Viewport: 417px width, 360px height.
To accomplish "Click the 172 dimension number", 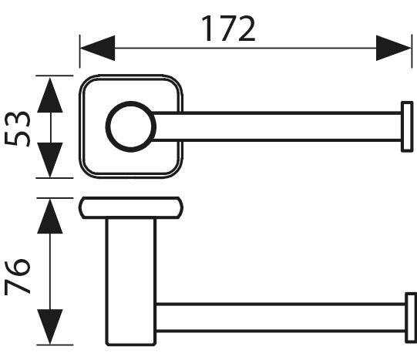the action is coord(228,29).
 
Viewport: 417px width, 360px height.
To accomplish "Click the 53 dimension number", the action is coord(18,129).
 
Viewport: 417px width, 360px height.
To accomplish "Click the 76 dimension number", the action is coord(18,276).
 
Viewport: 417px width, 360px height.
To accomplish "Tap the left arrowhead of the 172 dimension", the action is coord(97,48).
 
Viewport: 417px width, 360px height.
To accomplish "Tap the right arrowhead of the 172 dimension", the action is coord(394,48).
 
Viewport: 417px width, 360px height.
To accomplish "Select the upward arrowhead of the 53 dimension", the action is coord(50,95).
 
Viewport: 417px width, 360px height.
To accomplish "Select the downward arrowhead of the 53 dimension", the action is coord(50,160).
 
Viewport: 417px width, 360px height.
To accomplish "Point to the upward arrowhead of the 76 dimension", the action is coord(50,217).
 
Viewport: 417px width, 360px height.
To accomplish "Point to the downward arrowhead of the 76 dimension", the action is coord(50,327).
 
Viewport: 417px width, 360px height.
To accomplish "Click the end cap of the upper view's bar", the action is coord(407,126).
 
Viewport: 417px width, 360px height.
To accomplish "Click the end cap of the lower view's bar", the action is coord(411,318).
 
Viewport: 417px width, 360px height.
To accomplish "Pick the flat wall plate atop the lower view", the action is coord(131,208).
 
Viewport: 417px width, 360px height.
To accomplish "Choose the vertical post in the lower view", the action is coord(131,282).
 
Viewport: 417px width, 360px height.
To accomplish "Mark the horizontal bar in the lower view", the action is coord(281,318).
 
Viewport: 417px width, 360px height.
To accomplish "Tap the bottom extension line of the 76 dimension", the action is coord(55,345).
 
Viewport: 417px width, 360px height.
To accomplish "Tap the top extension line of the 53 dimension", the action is coord(54,76).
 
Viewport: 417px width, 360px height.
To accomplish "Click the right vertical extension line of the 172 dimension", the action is coord(412,51).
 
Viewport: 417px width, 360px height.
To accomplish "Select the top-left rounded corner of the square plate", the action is coord(84,80).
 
